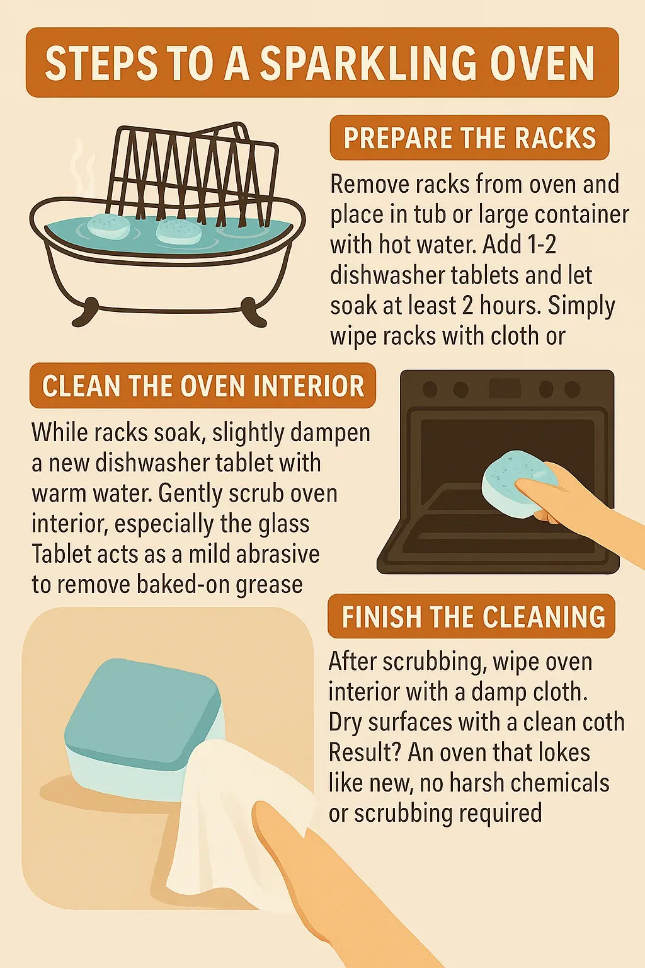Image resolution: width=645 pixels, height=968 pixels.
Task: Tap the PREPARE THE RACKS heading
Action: coord(470,137)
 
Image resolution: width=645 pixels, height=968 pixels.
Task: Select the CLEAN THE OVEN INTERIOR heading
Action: coord(203,386)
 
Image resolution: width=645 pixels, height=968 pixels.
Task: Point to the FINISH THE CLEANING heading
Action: coord(471,616)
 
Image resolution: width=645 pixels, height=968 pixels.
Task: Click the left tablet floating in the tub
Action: coord(108,225)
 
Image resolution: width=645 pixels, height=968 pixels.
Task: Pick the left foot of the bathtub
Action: coord(85,312)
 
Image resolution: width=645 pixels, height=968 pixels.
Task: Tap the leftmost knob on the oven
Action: coord(430,389)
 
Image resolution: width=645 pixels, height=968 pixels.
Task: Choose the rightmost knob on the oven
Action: coord(573,389)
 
